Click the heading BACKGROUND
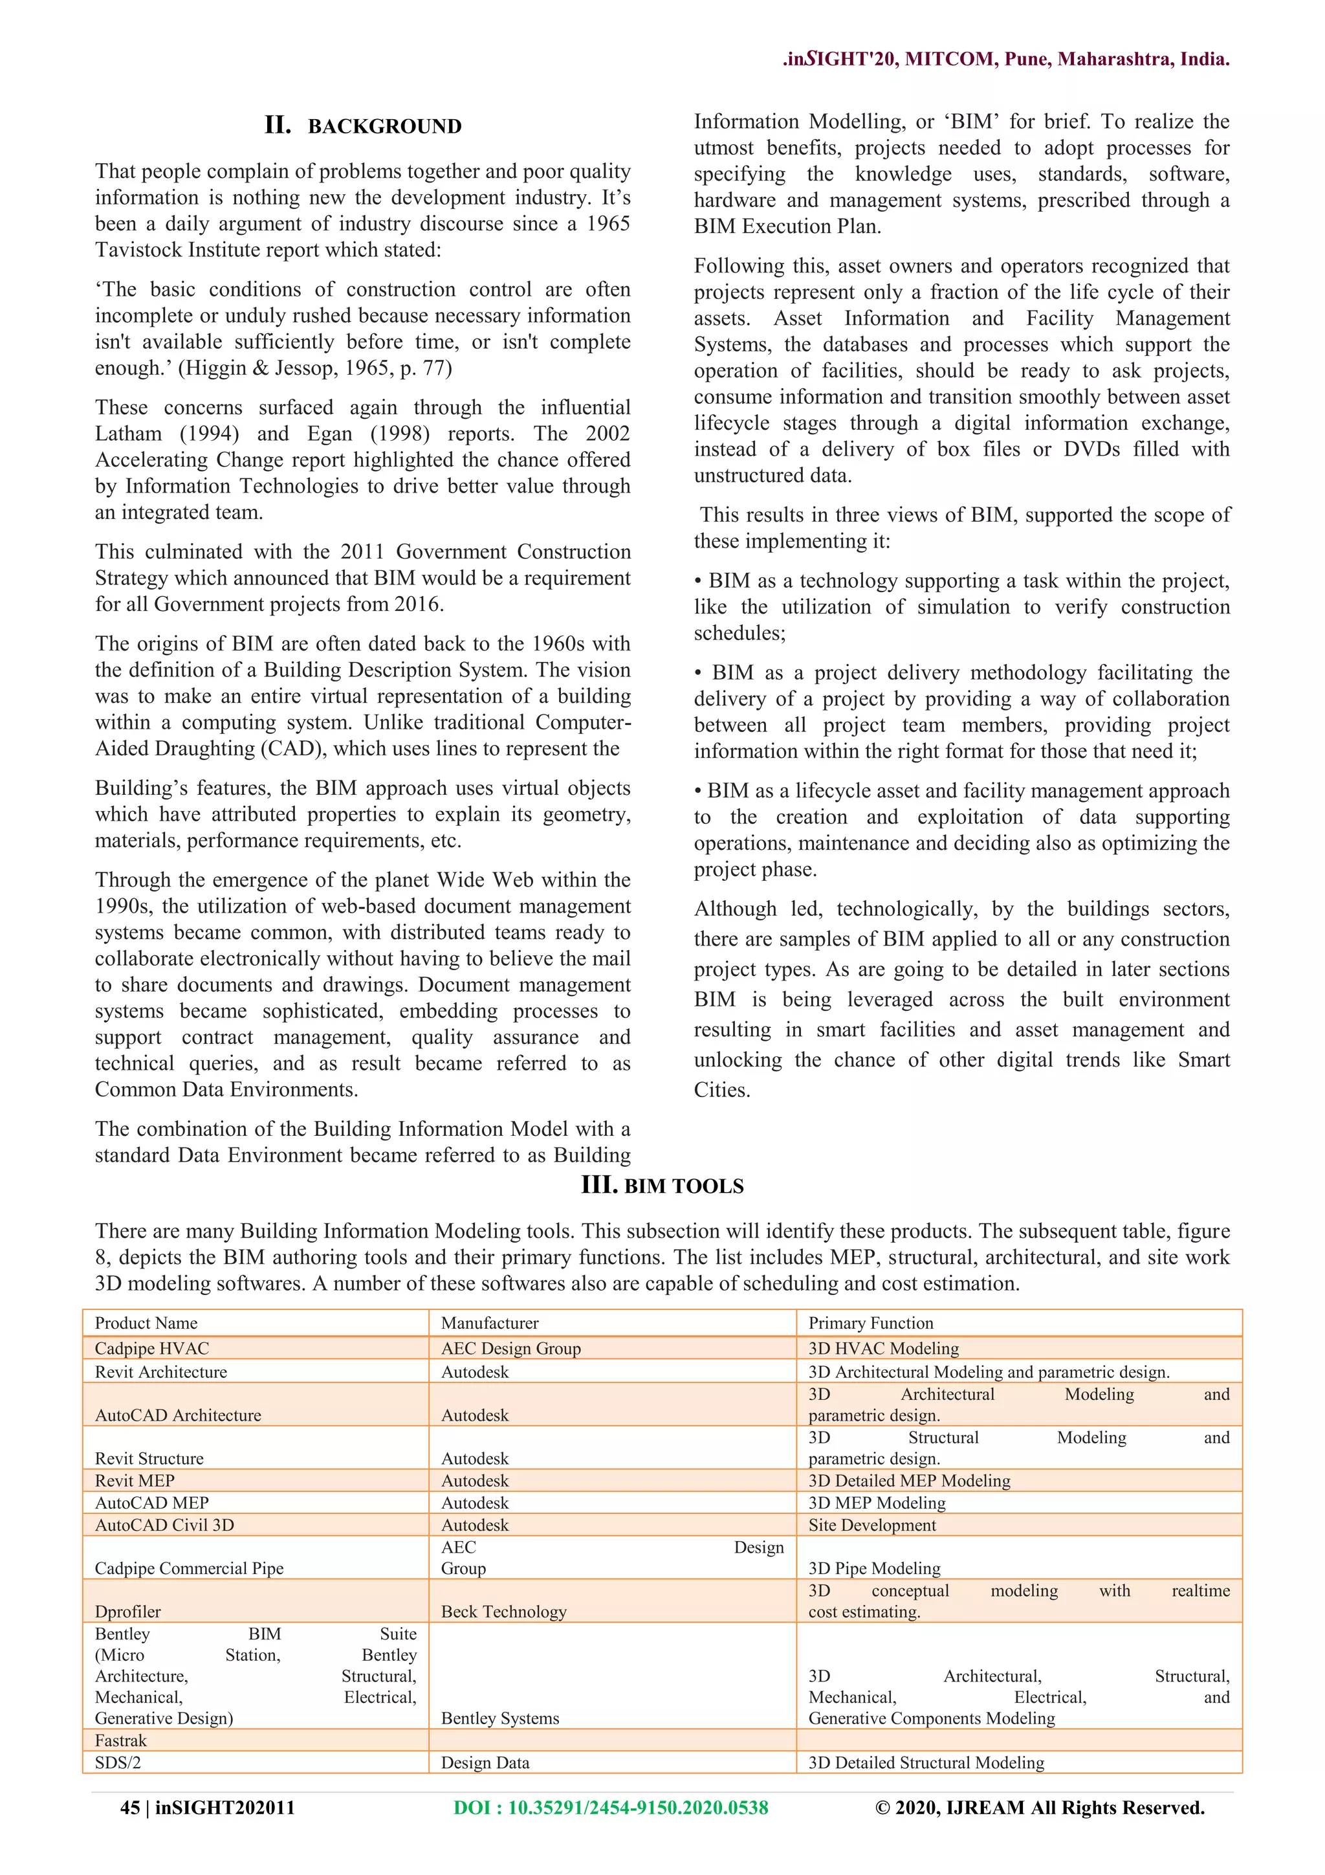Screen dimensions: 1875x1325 (x=384, y=127)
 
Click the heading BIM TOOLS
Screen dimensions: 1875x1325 (x=683, y=1186)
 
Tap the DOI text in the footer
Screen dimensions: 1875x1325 (x=611, y=1807)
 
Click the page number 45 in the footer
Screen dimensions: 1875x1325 (x=130, y=1807)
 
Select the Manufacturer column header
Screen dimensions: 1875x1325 (x=490, y=1323)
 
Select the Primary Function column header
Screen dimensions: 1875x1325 (x=870, y=1323)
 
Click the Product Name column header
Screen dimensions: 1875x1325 (x=146, y=1323)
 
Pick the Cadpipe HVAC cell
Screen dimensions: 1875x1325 (x=152, y=1348)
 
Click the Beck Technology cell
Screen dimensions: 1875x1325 (x=504, y=1611)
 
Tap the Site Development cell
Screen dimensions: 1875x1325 (x=872, y=1525)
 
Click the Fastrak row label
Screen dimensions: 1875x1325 (x=121, y=1740)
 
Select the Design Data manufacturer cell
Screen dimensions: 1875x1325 (x=485, y=1762)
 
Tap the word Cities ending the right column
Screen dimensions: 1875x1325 (x=721, y=1090)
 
